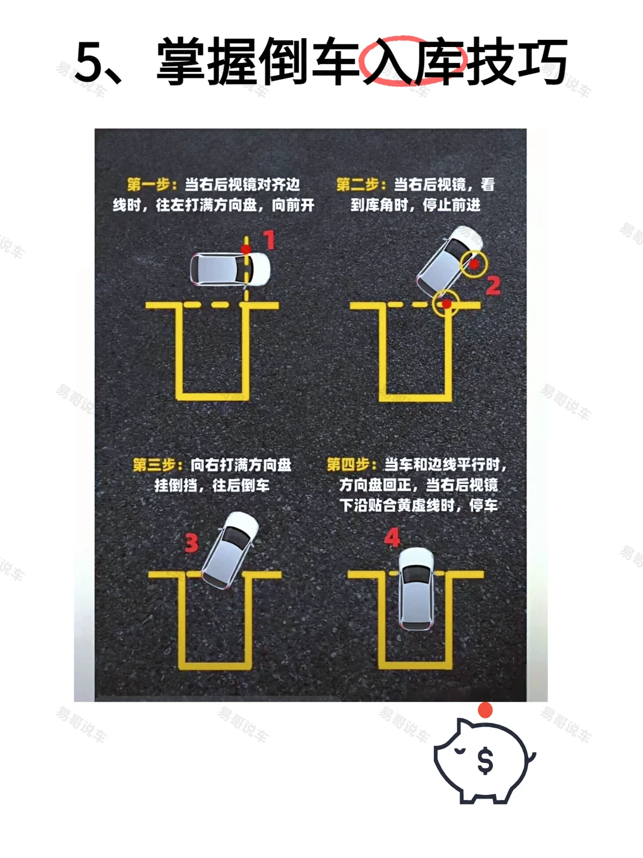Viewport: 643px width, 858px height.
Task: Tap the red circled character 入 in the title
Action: (x=388, y=61)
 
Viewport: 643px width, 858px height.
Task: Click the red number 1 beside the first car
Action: (x=269, y=240)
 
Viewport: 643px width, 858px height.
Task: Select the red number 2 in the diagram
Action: (x=493, y=285)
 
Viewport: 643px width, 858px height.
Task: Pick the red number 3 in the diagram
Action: (x=191, y=543)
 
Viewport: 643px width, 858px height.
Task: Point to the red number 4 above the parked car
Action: (x=392, y=538)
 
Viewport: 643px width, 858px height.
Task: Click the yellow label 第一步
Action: (x=149, y=184)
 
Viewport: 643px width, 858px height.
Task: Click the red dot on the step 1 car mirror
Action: (x=246, y=249)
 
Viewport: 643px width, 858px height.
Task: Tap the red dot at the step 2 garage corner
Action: (x=447, y=303)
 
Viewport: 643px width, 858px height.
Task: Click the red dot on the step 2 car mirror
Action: (x=474, y=264)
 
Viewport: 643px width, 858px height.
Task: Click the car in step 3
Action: (x=230, y=550)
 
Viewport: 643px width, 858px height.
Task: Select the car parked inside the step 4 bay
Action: (x=416, y=589)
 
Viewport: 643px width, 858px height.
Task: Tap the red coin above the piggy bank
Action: (x=485, y=710)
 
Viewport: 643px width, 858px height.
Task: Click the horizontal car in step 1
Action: (x=230, y=269)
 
